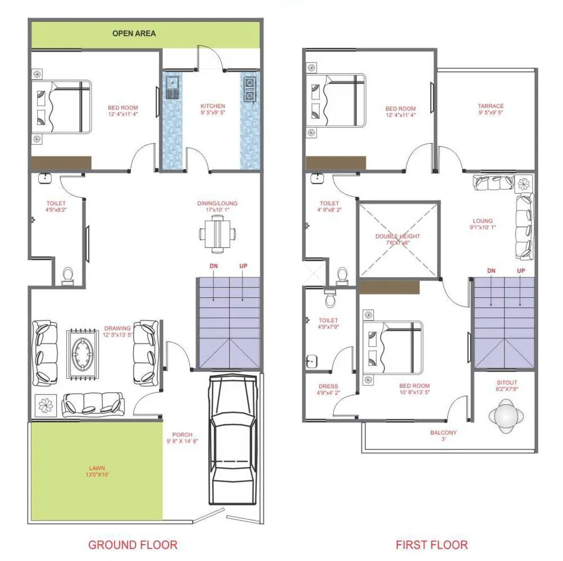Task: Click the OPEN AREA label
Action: coord(134,33)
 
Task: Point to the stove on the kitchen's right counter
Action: coord(249,87)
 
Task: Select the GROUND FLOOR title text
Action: coord(133,545)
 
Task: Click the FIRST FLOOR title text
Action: coord(431,545)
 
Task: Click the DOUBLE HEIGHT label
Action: coord(398,239)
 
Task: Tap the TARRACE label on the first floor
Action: coord(490,109)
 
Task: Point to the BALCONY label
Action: coord(443,436)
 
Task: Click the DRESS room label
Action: coord(329,389)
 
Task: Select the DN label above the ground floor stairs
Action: coord(215,266)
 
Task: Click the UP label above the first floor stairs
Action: coord(521,271)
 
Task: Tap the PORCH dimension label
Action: coord(182,438)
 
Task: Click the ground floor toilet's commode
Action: coord(68,274)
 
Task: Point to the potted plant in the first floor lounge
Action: coord(524,183)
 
